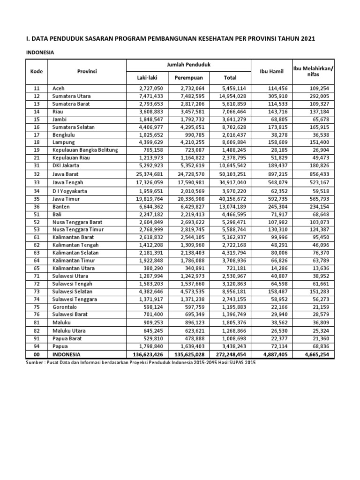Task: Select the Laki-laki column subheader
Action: coord(146,77)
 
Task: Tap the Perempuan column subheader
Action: coord(188,77)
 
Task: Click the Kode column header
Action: coord(37,71)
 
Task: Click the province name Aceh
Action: coord(59,88)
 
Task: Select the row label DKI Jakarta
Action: coord(67,165)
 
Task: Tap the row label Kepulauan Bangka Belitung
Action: coord(85,150)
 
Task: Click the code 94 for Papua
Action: coord(37,346)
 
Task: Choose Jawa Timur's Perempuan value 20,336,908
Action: coord(188,199)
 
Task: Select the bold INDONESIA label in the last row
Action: coord(67,354)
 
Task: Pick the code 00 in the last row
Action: coord(37,354)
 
